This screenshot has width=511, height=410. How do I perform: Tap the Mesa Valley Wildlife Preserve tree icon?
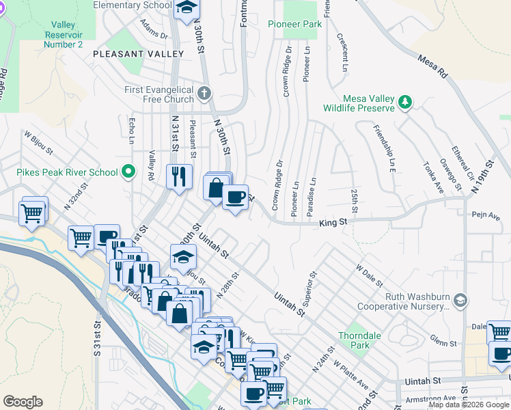coord(406,102)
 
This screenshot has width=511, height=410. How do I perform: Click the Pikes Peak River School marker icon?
coord(128,172)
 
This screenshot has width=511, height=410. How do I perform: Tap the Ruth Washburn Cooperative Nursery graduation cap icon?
coord(461,299)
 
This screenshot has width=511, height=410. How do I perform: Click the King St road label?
coord(334,222)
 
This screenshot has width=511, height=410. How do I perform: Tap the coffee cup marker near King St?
coord(236,197)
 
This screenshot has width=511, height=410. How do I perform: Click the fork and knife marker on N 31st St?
coord(179,177)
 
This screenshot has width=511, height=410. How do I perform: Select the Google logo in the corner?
coord(23,402)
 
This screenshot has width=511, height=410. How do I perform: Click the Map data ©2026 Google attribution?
coord(469,405)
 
